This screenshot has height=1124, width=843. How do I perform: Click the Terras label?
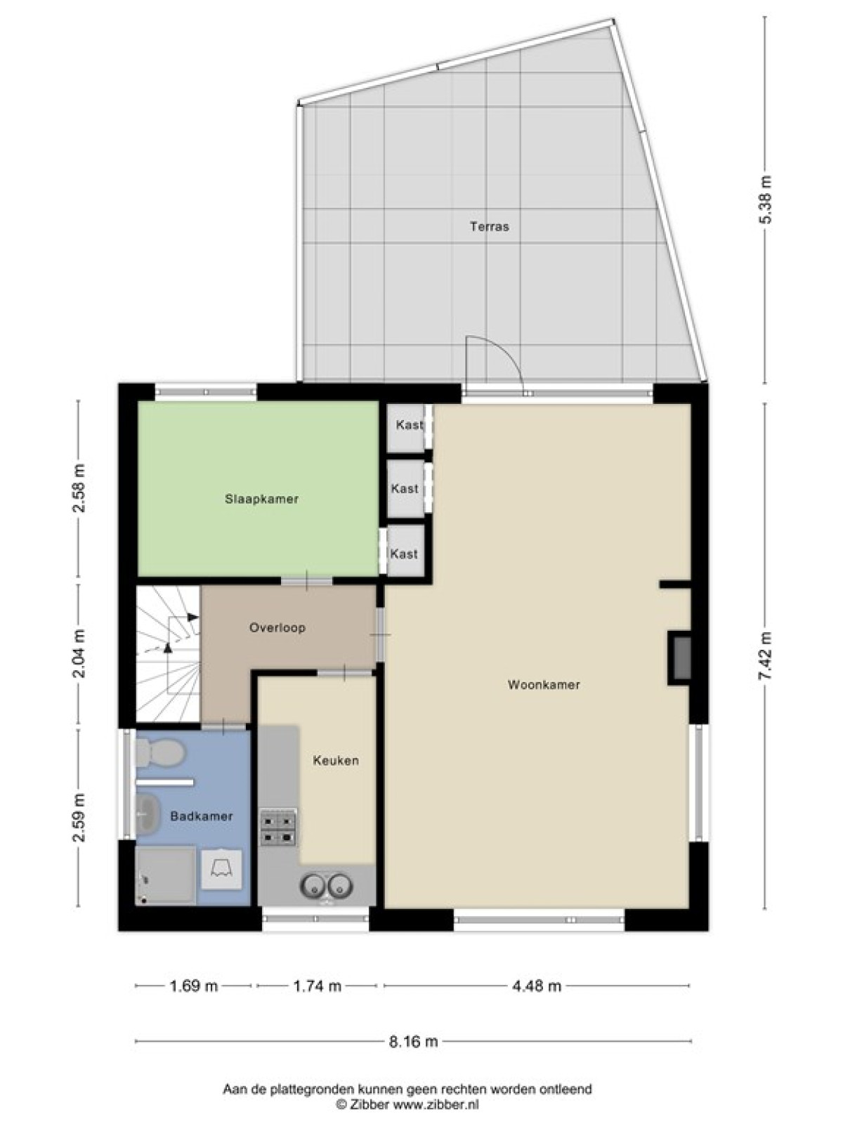[490, 226]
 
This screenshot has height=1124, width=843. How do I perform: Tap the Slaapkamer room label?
[261, 499]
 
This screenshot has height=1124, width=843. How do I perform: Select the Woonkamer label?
[544, 685]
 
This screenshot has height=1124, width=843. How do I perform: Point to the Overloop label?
[277, 627]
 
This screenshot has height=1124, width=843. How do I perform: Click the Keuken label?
[336, 760]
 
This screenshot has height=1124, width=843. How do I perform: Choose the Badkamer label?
[202, 816]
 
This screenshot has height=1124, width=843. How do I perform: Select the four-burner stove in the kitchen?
[278, 828]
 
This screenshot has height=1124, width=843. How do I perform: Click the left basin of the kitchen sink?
[312, 885]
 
